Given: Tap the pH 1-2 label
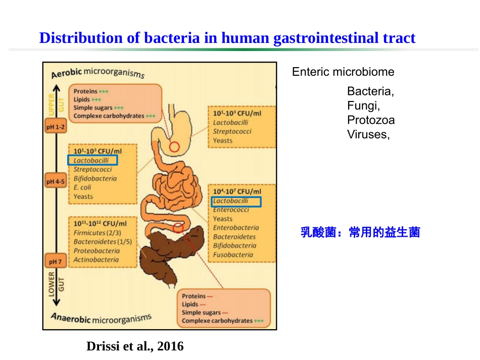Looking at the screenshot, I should click(56, 127).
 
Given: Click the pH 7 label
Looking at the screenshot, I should click(55, 262).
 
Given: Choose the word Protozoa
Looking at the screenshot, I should click(371, 120).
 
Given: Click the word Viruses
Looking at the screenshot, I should click(368, 134).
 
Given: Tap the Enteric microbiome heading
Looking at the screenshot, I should click(343, 72).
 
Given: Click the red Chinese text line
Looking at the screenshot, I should click(360, 233).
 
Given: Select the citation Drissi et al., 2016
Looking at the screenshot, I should click(135, 346).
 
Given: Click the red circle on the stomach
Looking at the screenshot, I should click(174, 147).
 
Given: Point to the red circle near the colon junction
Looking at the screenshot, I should click(178, 228).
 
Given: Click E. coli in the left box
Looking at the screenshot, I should click(82, 187).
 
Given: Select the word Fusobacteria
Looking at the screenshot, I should click(233, 255).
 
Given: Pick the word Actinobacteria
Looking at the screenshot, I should click(96, 260).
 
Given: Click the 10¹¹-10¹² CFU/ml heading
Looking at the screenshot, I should click(100, 223).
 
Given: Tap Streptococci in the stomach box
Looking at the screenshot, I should click(232, 131).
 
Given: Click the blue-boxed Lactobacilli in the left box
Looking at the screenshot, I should click(92, 160).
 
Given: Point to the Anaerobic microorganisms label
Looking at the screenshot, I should click(101, 319).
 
